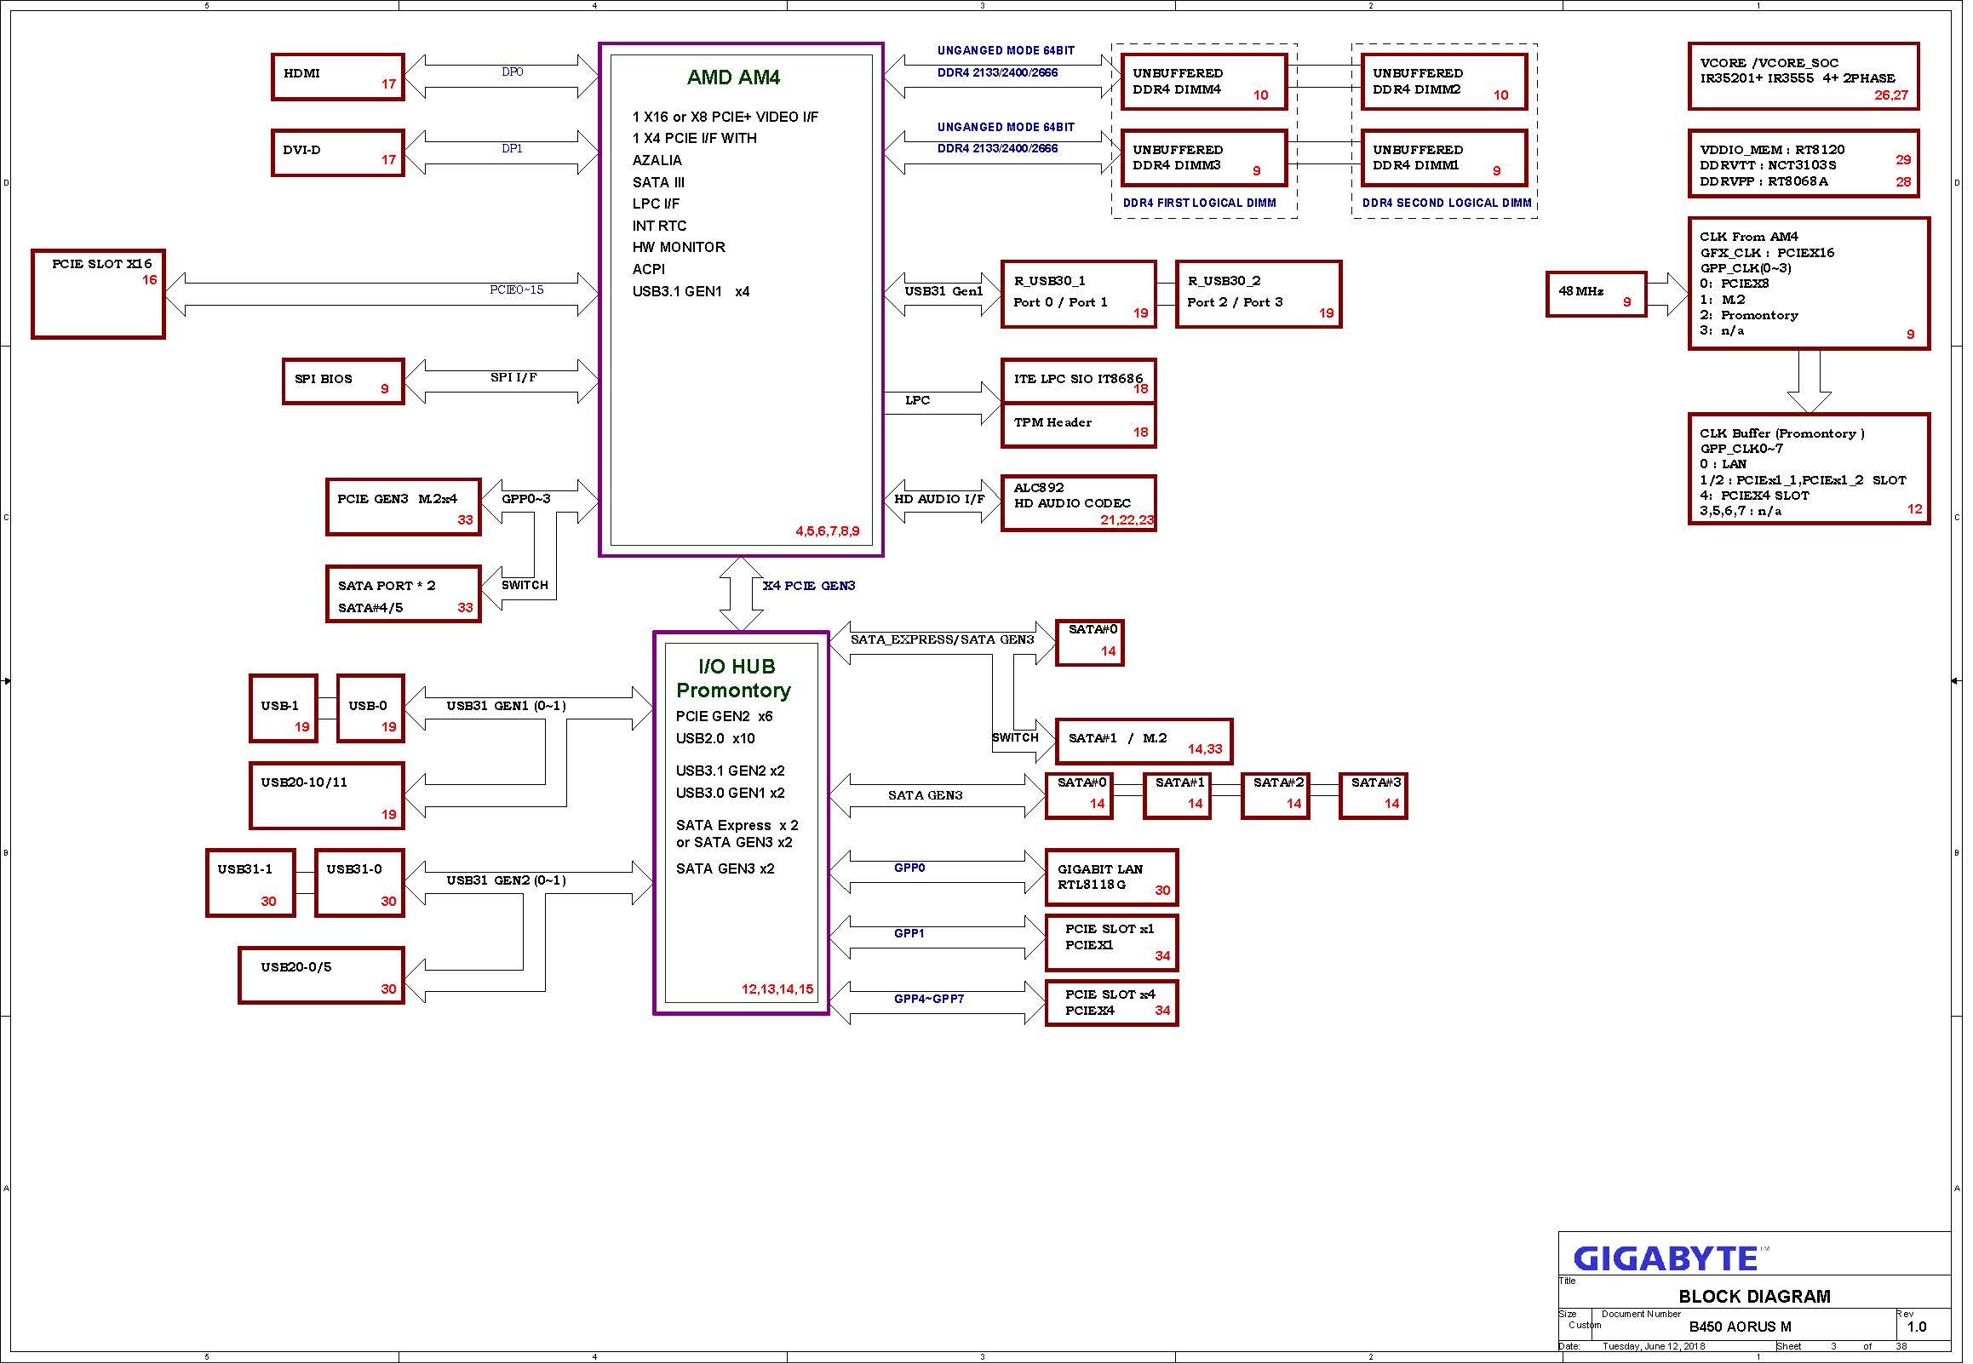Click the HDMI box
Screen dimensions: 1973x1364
(338, 77)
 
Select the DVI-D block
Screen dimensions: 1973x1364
(338, 153)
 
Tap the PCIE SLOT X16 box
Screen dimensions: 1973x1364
(98, 295)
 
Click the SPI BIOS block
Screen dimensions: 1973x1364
(343, 381)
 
